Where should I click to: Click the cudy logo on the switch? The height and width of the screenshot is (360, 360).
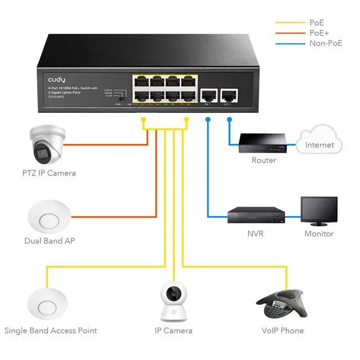(x=57, y=80)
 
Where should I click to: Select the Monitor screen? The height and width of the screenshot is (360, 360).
(x=319, y=210)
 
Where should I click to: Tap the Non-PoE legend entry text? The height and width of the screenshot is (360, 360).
(x=326, y=43)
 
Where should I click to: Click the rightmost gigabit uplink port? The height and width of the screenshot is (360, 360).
(x=228, y=94)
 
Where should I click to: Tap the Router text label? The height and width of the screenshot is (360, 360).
(x=264, y=160)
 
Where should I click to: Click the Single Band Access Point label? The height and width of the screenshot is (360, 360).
(x=51, y=331)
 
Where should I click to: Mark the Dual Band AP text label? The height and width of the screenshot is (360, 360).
(x=49, y=241)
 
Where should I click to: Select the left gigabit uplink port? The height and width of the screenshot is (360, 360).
(x=208, y=94)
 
